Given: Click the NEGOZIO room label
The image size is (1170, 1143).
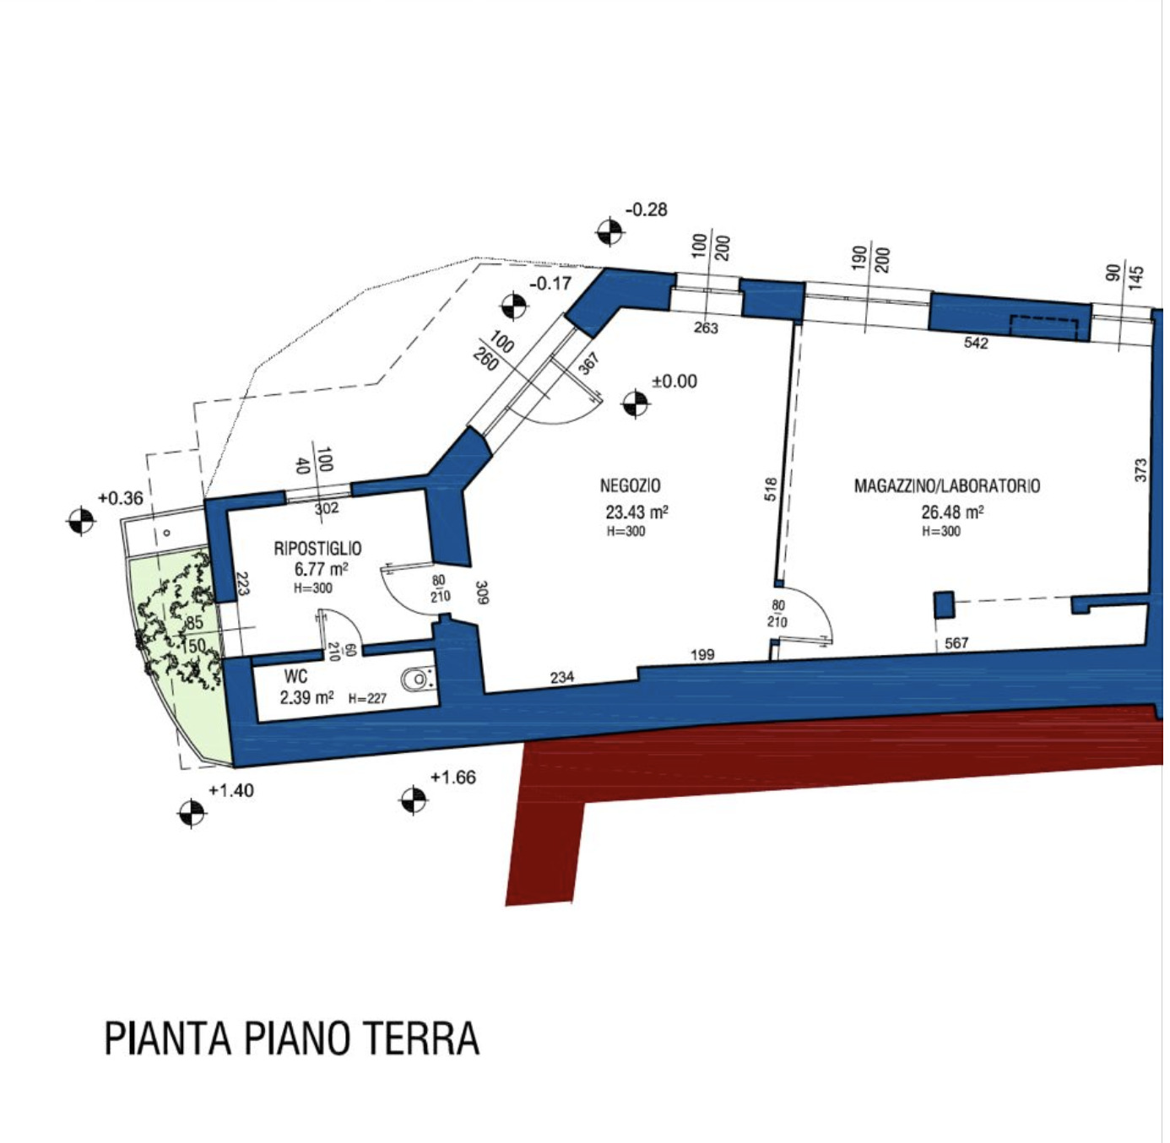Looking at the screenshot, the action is click(630, 485).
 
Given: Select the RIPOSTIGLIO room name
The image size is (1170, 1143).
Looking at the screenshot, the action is click(317, 549).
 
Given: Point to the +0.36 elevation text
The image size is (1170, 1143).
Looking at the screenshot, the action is click(121, 498).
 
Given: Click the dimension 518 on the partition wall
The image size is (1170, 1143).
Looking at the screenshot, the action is click(772, 490).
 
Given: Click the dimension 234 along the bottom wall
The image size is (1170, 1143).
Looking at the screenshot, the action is click(562, 678).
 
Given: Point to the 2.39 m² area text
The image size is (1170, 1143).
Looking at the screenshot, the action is click(306, 698).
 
